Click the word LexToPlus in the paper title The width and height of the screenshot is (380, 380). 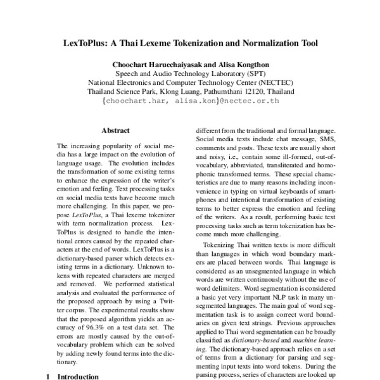tap(85, 44)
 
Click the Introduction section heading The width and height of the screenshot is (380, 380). tap(79, 376)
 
